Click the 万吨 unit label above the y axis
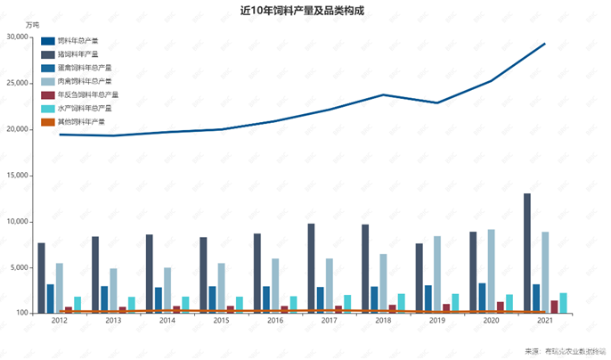33,24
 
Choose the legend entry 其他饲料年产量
81,121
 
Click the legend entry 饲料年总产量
78,41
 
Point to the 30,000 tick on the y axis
17,37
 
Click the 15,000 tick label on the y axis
17,176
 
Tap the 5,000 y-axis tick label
20,268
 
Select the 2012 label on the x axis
60,320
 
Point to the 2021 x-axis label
545,320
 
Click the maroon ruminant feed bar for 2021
554,307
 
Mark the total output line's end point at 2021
545,44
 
